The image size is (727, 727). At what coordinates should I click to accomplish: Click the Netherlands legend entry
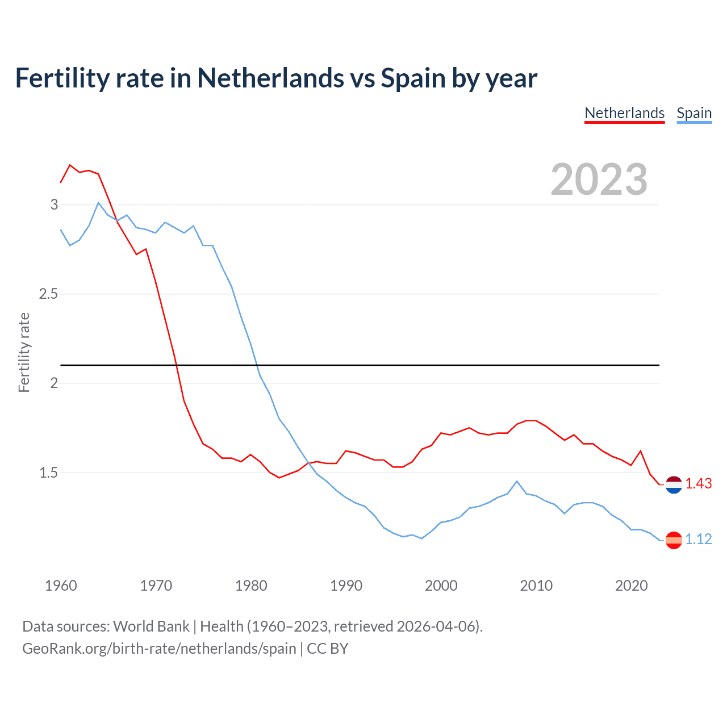coord(624,113)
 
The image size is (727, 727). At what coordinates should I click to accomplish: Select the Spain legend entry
coord(694,113)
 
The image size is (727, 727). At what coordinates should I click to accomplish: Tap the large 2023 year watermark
coord(599,179)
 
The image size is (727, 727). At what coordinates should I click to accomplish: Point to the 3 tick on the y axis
coord(54,204)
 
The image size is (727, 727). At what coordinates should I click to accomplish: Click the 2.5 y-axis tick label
coord(48,294)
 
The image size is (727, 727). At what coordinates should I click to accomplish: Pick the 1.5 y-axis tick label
coord(48,473)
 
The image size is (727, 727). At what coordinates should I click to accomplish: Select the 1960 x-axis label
coord(61,586)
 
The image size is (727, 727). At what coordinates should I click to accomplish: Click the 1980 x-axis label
coord(251,586)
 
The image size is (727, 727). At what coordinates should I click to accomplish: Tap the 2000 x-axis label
coord(441,586)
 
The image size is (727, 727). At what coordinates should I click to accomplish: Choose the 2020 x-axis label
coord(631,586)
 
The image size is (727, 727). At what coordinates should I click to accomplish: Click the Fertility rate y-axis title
coord(24,352)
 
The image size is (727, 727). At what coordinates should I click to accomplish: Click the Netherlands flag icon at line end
coord(674,484)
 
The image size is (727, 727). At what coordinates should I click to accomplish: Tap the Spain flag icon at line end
coord(674,540)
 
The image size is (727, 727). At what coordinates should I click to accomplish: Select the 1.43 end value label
coord(698,483)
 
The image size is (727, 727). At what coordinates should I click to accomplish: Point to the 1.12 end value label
coord(698,539)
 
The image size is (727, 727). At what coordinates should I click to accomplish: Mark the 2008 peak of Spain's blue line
coord(517,481)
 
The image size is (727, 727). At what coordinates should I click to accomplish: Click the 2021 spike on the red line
coord(641,451)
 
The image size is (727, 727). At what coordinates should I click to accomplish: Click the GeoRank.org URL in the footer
coord(159,649)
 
